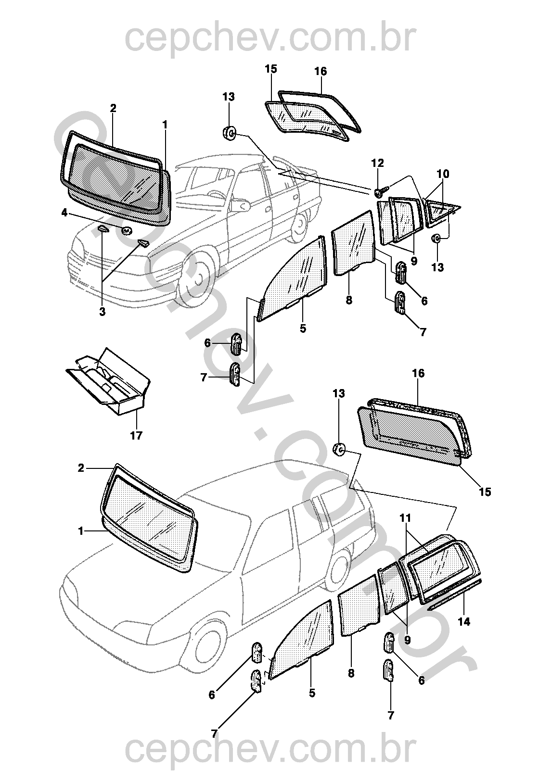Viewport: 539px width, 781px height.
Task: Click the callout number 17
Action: (136, 436)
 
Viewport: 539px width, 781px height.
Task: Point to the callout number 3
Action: (102, 312)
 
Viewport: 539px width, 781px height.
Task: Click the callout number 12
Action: (377, 164)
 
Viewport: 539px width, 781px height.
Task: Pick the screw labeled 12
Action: (378, 193)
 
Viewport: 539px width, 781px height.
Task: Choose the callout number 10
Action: (443, 174)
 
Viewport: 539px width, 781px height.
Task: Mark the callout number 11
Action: (406, 518)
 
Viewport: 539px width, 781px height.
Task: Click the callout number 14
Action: (463, 622)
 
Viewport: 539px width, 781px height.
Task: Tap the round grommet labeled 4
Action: (127, 230)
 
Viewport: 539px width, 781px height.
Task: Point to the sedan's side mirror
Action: (243, 204)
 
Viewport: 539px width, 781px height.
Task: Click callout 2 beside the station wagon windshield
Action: (81, 467)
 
